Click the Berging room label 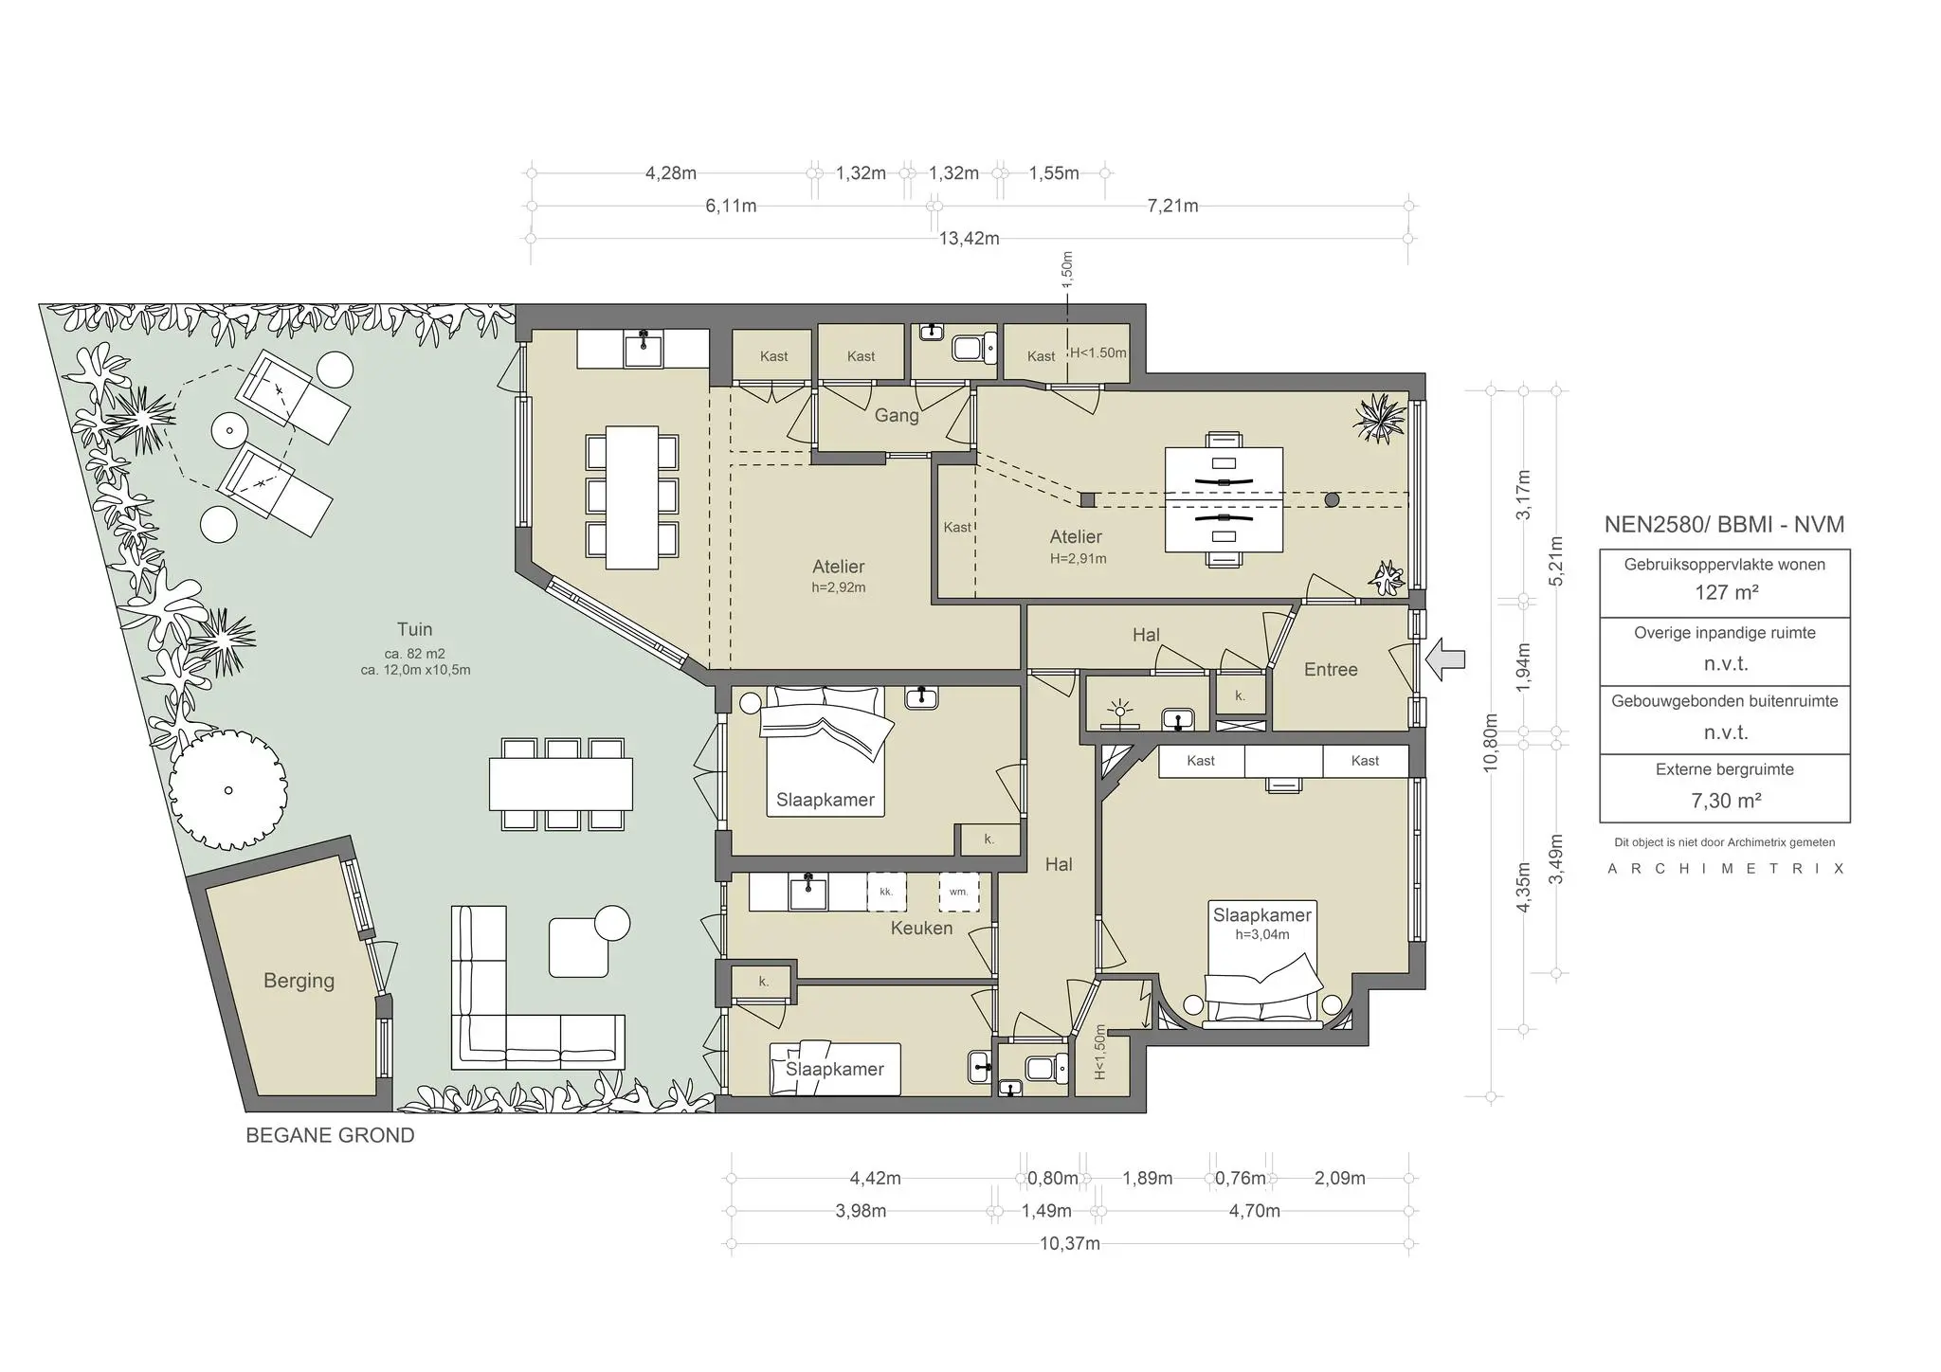point(299,981)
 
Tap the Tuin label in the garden point(414,629)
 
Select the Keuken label point(921,929)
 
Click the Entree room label point(1331,670)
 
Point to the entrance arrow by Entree point(1445,659)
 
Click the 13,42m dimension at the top point(969,239)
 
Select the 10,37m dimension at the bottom point(1069,1244)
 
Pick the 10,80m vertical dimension point(1490,743)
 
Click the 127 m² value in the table point(1726,593)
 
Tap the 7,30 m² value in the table point(1726,801)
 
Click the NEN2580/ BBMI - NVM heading point(1724,525)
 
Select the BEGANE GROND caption point(330,1135)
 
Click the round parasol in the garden point(228,789)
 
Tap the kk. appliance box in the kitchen point(886,892)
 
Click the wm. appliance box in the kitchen point(958,892)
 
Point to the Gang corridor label point(896,415)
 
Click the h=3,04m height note point(1261,934)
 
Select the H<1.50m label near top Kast point(1097,352)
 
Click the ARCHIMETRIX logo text point(1725,869)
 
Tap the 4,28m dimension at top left point(670,173)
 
